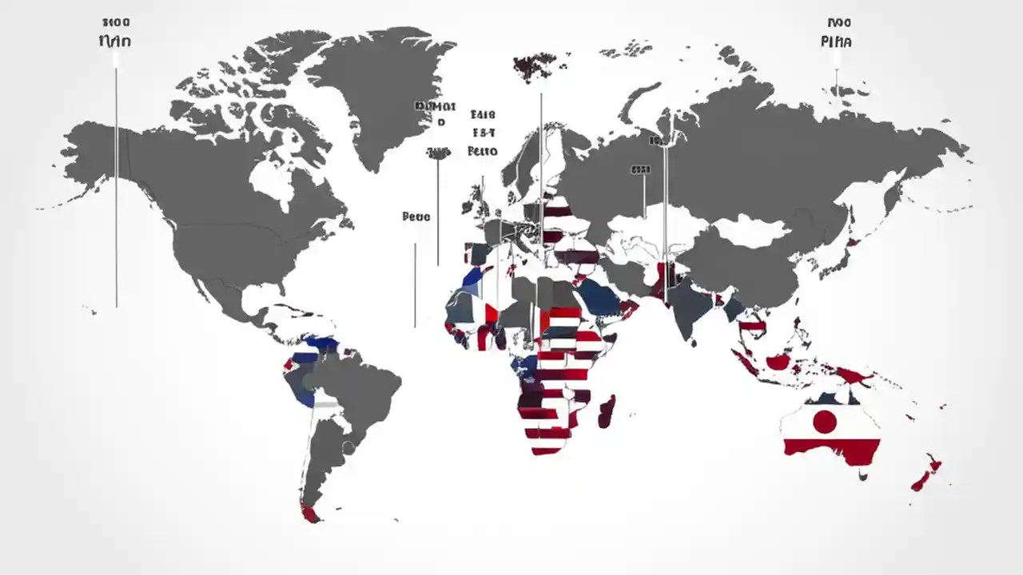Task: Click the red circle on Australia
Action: point(824,421)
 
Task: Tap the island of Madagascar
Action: point(607,410)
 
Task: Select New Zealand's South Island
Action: point(921,480)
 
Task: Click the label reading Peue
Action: point(416,216)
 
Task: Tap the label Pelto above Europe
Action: point(482,150)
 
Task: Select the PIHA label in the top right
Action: point(836,41)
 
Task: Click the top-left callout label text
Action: point(115,40)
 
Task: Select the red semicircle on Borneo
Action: point(778,362)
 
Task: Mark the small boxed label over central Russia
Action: point(640,169)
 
